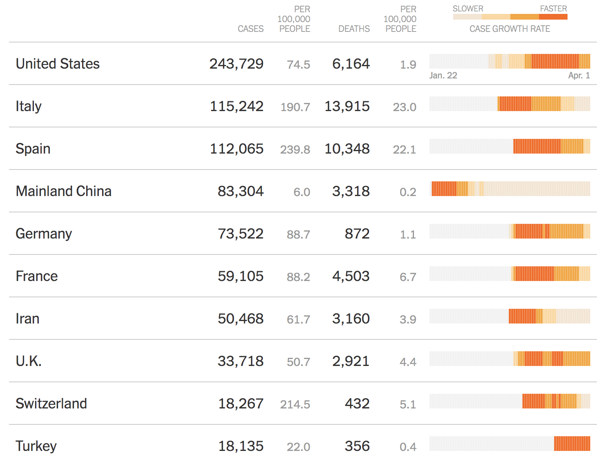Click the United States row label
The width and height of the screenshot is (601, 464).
point(58,64)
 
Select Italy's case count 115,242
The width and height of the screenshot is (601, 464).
point(236,106)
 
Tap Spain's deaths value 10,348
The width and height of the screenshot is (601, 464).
point(347,149)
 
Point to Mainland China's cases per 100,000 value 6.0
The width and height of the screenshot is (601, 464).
point(302,192)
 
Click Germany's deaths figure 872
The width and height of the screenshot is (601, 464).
point(357,234)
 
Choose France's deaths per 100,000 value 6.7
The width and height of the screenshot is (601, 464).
point(407,277)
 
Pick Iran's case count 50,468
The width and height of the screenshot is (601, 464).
point(240,319)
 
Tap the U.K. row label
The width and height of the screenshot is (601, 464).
point(29,361)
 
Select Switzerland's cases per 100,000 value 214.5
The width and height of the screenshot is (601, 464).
point(295,404)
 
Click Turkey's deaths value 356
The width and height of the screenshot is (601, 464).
point(357,446)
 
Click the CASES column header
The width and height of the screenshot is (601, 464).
point(251,29)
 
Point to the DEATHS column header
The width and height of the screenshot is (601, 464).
point(354,29)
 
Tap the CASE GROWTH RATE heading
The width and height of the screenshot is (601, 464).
point(510,29)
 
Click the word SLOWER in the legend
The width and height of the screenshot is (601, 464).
point(468,9)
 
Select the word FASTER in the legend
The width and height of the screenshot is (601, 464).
point(553,9)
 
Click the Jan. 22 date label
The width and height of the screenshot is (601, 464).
point(443,76)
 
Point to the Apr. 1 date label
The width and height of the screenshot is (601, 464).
point(579,76)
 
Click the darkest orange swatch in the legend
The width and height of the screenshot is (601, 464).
point(553,17)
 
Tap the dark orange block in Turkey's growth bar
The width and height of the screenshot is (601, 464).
point(572,444)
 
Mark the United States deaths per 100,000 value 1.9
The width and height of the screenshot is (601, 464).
point(408,65)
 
